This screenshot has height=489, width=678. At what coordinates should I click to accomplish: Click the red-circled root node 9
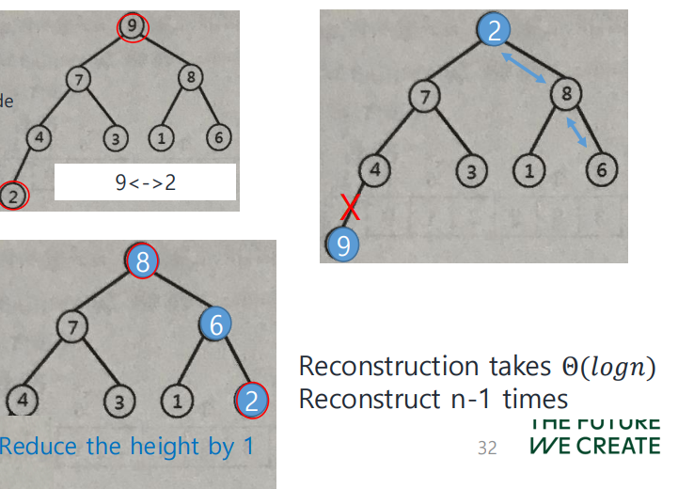point(134,28)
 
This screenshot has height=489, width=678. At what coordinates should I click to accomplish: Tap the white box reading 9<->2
point(145,181)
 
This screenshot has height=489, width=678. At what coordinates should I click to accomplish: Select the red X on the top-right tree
point(350,207)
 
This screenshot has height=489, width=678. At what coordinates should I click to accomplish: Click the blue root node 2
point(494,31)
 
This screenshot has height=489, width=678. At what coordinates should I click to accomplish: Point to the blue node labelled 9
point(343,245)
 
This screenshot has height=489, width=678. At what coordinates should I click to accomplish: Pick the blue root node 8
point(143,261)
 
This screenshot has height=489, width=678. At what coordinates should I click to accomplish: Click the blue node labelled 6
point(215,325)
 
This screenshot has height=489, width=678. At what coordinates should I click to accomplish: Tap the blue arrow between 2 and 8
point(526,69)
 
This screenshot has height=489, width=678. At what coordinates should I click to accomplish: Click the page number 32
point(487,448)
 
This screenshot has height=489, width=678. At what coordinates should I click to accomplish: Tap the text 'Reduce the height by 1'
point(127,445)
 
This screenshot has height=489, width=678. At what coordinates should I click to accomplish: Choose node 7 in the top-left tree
point(77,80)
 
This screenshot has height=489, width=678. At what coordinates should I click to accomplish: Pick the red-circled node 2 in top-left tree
point(14,196)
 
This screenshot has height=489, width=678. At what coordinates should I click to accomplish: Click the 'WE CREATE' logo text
point(594,445)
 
